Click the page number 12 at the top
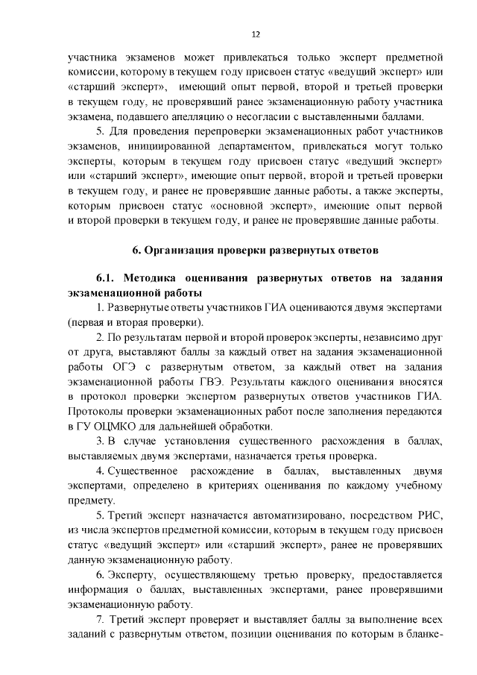tap(255, 34)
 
